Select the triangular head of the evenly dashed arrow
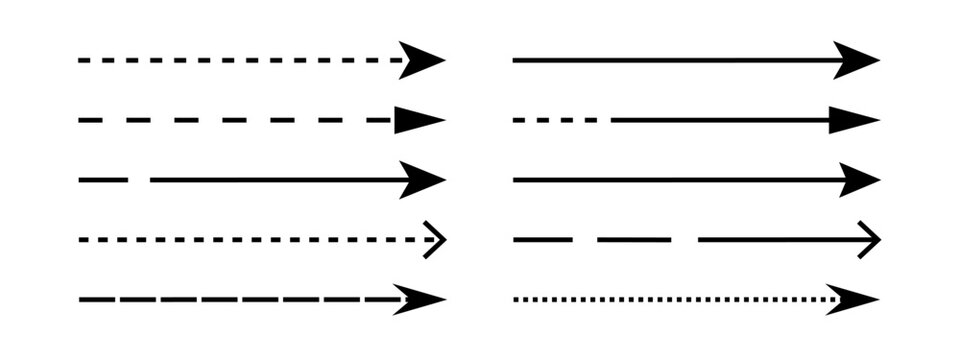(418, 120)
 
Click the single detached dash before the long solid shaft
(103, 180)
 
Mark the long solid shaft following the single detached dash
(280, 180)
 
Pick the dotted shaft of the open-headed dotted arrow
(250, 240)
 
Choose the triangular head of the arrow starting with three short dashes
(855, 120)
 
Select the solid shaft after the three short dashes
(720, 120)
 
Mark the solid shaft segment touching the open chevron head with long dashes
(780, 240)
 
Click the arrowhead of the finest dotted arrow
(856, 299)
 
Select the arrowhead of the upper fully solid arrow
(858, 60)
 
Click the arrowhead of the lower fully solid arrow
(858, 180)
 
